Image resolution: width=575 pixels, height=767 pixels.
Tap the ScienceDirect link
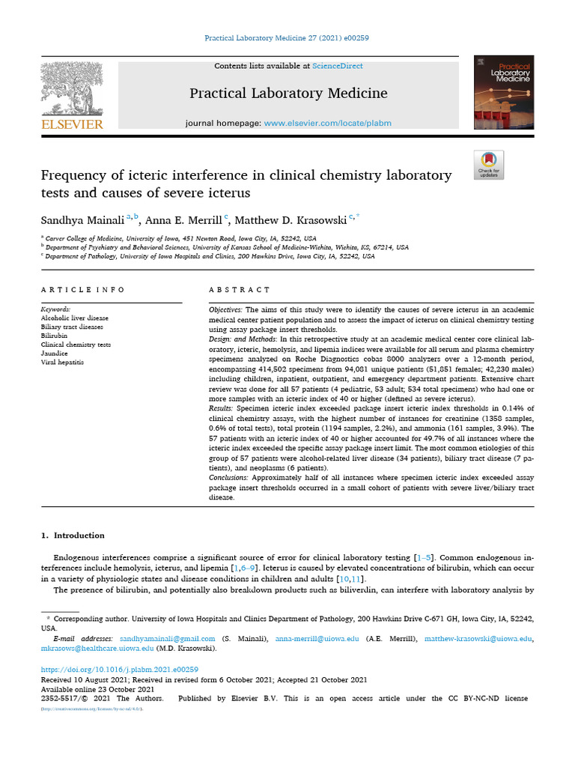tap(338, 66)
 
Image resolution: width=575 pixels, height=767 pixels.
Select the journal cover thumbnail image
tap(503, 91)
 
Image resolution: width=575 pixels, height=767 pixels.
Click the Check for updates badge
tap(489, 165)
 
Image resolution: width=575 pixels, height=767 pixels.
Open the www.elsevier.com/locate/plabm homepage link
tap(327, 123)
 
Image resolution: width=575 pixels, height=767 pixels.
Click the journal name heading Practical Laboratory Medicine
tap(288, 94)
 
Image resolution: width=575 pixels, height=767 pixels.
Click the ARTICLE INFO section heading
tap(83, 290)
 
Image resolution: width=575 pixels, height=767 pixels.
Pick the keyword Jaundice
tap(56, 354)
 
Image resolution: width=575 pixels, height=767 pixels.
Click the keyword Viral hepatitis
tap(62, 363)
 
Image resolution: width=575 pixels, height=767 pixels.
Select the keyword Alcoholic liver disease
tap(74, 318)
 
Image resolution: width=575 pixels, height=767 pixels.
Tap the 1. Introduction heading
tap(73, 536)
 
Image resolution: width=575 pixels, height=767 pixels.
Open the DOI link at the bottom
tap(118, 670)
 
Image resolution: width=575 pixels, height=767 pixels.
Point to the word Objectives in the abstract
tap(224, 309)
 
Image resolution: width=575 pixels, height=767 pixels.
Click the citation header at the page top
tap(287, 37)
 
